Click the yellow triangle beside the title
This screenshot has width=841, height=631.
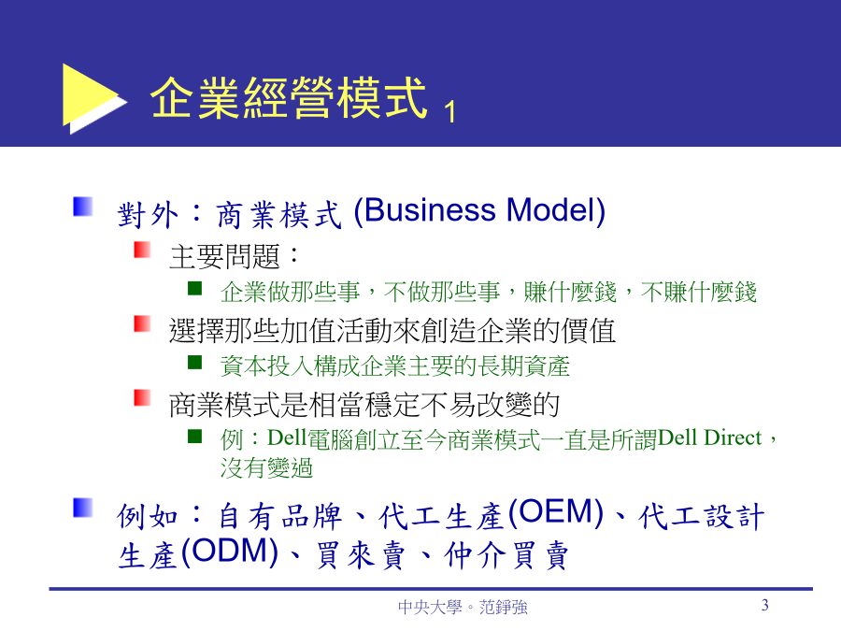(x=89, y=96)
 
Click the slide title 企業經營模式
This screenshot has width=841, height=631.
(x=289, y=97)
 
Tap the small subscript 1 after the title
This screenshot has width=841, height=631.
(x=450, y=111)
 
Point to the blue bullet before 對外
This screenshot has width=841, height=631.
(x=83, y=207)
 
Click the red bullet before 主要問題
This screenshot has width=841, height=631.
(x=142, y=250)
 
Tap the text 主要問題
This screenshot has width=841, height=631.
(x=224, y=256)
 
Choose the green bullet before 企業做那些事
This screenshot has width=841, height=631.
(x=194, y=289)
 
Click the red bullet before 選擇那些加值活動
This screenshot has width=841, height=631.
(x=142, y=323)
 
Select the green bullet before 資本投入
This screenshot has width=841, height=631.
(x=194, y=363)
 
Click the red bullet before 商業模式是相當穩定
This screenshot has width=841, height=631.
(x=142, y=397)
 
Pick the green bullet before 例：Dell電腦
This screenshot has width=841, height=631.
(x=194, y=437)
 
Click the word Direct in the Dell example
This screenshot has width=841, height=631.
(x=733, y=437)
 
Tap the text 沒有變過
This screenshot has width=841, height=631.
(x=266, y=467)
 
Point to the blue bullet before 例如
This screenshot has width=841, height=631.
(x=83, y=508)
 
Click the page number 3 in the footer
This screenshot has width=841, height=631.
(x=764, y=605)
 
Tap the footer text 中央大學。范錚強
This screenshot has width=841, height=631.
(x=463, y=607)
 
